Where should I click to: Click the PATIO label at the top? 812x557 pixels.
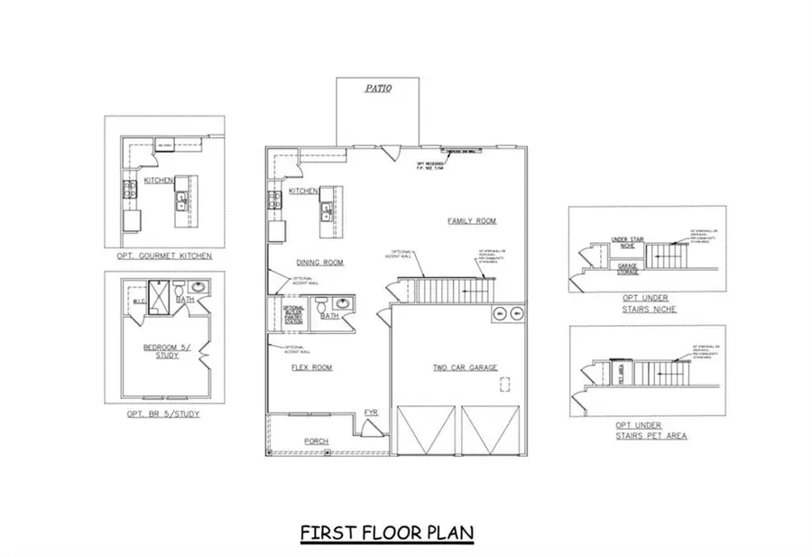pyautogui.click(x=377, y=89)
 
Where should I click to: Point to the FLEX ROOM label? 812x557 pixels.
pyautogui.click(x=312, y=367)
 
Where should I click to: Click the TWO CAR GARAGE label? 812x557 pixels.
pyautogui.click(x=466, y=367)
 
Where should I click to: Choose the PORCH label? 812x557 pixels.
pyautogui.click(x=316, y=441)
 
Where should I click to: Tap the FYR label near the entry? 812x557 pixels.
pyautogui.click(x=371, y=413)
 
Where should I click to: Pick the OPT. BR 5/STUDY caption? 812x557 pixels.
pyautogui.click(x=163, y=413)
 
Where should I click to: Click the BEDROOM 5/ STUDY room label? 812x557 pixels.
pyautogui.click(x=161, y=351)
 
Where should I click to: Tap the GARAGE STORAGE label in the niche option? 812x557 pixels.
pyautogui.click(x=628, y=268)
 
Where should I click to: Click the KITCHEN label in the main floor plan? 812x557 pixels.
pyautogui.click(x=303, y=192)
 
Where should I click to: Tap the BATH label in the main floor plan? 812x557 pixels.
pyautogui.click(x=329, y=316)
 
